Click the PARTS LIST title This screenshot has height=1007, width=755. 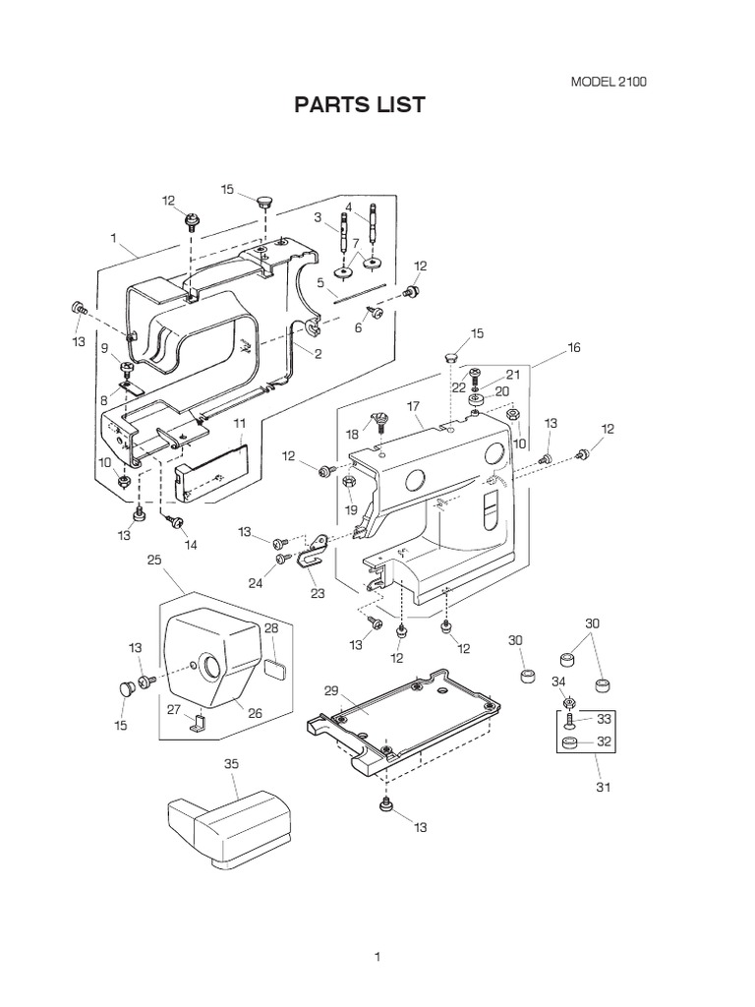pos(359,105)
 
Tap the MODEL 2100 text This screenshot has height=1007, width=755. pos(609,81)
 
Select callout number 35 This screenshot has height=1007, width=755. pos(232,762)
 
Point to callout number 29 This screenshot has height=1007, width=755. pos(330,691)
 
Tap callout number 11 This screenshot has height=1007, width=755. pos(238,423)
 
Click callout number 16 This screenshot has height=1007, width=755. pos(574,348)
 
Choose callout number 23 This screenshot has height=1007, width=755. pos(318,593)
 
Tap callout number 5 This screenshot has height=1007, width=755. pos(319,282)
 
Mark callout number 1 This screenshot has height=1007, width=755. pos(114,238)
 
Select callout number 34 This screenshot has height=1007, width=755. pos(558,681)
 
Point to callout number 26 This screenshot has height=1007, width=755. pos(255,713)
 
